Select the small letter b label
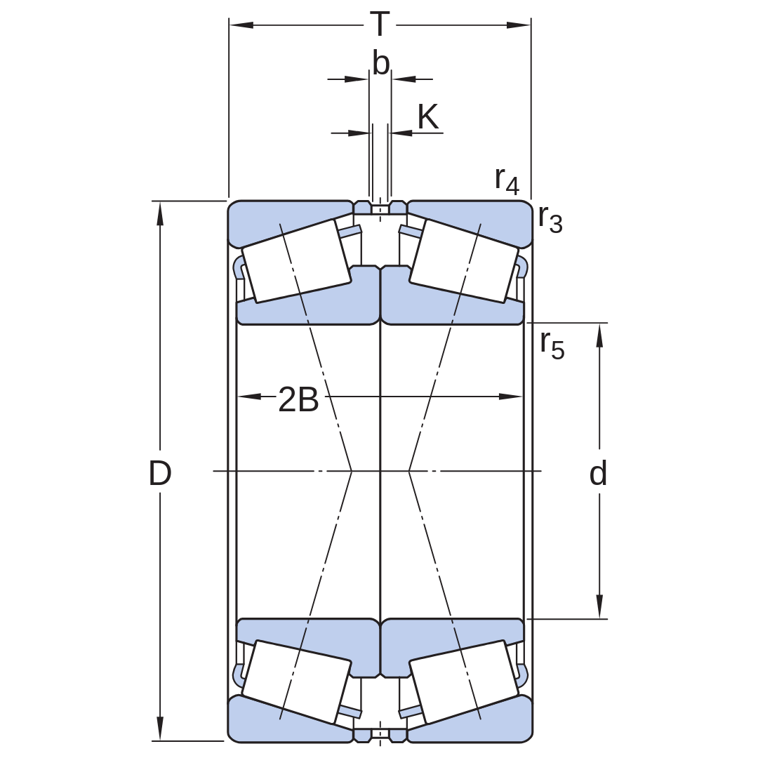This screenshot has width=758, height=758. pos(381,63)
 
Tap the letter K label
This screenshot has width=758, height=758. pos(428,117)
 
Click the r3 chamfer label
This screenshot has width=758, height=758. pos(551,219)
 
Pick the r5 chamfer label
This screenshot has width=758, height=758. pos(552,345)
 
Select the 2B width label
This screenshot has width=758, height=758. pos(298,399)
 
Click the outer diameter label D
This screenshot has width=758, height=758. pos(160,473)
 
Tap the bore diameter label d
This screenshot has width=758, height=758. pos(599,473)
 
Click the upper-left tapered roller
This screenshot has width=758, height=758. pos(296,261)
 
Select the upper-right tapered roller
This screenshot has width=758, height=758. pos(464,261)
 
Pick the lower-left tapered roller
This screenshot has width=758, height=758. pos(296,681)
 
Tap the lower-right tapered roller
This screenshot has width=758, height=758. pos(464,681)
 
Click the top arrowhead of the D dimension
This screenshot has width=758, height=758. pos(160,213)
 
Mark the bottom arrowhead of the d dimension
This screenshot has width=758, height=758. pos(599,606)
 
